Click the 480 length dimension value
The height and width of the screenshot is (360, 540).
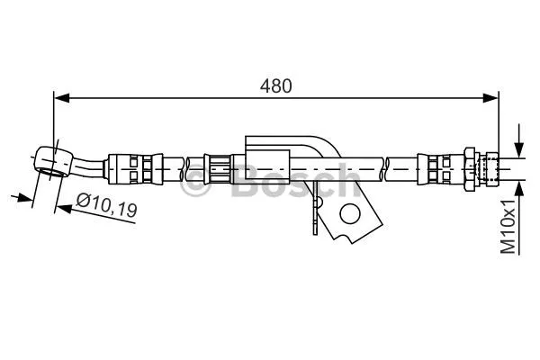click(275, 86)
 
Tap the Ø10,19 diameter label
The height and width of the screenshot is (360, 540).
click(105, 209)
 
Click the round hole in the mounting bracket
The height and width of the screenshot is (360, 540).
click(349, 213)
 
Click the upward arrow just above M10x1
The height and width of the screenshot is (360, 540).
click(519, 185)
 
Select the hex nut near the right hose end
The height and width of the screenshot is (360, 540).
click(469, 166)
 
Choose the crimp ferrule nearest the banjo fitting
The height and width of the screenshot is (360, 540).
click(127, 167)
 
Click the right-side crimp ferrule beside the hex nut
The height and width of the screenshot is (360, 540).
click(438, 167)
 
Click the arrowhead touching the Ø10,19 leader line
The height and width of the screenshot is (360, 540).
click(60, 206)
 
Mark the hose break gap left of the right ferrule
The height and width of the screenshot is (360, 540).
click(386, 167)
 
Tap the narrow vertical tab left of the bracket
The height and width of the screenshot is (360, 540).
click(314, 214)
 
